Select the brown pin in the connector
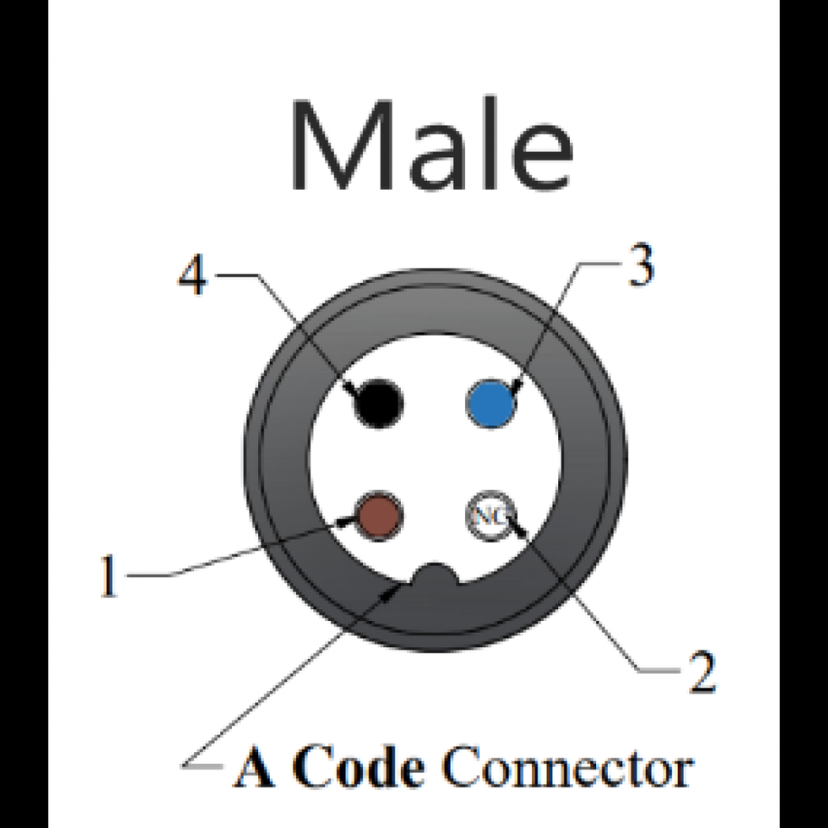click(x=378, y=515)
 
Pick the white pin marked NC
click(x=488, y=517)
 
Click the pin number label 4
click(x=193, y=277)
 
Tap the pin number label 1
click(x=108, y=576)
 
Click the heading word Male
click(x=431, y=148)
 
